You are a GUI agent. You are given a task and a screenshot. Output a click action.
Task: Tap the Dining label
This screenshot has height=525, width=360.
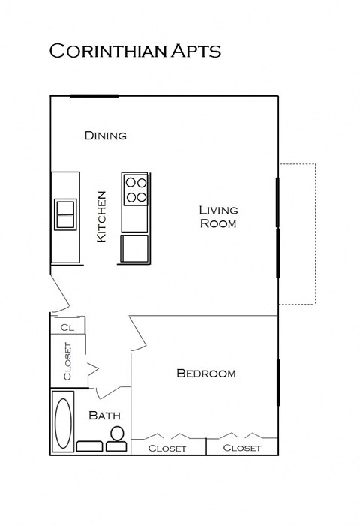(x=105, y=136)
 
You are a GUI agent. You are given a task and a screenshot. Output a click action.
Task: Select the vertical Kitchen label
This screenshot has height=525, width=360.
(x=102, y=216)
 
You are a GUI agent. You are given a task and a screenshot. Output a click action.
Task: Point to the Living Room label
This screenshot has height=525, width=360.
(x=217, y=217)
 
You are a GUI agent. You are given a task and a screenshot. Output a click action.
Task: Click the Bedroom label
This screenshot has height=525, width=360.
(x=205, y=373)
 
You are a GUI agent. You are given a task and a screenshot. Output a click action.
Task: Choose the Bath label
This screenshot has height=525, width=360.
(x=104, y=415)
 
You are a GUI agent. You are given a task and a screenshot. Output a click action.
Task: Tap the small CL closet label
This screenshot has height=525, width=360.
(x=67, y=327)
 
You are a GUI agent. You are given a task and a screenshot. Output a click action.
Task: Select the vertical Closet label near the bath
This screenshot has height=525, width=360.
(x=67, y=361)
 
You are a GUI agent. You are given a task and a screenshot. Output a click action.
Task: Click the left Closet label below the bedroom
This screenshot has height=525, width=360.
(x=167, y=448)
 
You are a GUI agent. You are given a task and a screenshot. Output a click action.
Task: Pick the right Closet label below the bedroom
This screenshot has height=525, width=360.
(x=242, y=448)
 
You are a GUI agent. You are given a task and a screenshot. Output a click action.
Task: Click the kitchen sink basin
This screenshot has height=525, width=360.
(x=64, y=214)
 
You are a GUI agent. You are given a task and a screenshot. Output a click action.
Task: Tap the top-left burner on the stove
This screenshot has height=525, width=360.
(x=130, y=181)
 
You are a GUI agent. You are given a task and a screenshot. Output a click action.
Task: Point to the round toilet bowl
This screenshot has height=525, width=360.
(x=117, y=433)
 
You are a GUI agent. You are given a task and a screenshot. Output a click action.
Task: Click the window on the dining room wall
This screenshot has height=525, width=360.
(x=94, y=96)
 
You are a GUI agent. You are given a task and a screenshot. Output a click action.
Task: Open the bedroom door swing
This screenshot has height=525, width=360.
(x=137, y=334)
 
